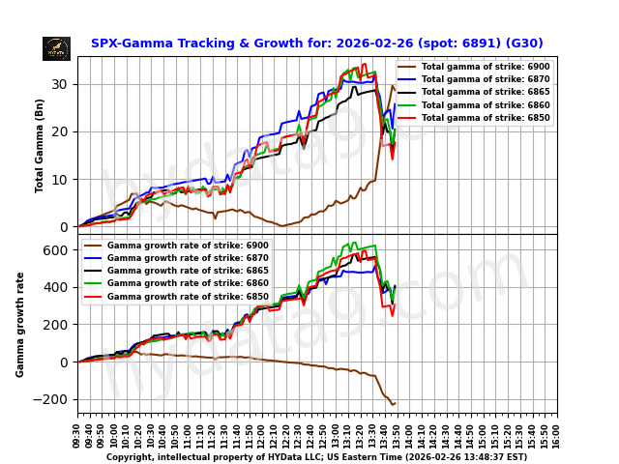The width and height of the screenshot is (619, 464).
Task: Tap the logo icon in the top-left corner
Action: coord(56,48)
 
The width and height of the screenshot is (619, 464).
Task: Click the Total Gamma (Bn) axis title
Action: coord(40,145)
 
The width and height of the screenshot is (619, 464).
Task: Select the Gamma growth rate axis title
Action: coord(20,324)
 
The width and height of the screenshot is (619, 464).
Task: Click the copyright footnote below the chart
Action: coord(316,457)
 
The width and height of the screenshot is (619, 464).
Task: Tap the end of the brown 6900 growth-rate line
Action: coord(395,403)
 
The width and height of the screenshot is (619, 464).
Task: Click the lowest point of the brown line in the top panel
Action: coord(282,226)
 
